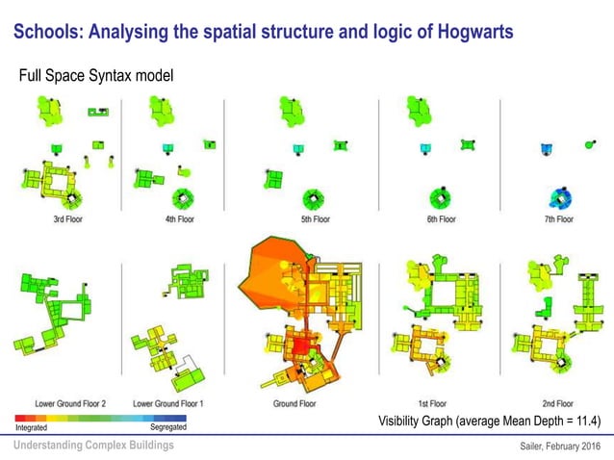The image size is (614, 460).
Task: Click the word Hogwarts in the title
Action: [x=468, y=32]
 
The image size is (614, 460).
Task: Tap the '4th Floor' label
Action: [x=179, y=219]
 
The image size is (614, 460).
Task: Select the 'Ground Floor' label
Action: [x=294, y=403]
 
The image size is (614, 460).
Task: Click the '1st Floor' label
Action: [x=431, y=403]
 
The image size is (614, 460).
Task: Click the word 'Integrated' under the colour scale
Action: [x=32, y=426]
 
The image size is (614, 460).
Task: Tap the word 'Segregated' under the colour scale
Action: [x=168, y=426]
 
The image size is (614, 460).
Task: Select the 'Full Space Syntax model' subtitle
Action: [x=96, y=75]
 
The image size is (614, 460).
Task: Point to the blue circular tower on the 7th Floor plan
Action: [x=558, y=197]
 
